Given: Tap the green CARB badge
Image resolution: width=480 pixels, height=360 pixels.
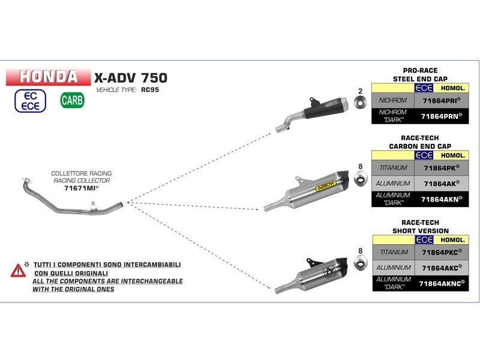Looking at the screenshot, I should click(72, 100).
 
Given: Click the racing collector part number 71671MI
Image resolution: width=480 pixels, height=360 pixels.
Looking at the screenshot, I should click(81, 188).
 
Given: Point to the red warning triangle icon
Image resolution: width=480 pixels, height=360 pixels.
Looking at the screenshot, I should click(17, 270).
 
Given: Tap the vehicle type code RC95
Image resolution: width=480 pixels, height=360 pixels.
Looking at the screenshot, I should click(149, 90).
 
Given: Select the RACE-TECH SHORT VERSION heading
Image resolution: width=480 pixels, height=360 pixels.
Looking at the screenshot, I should click(420, 227).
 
